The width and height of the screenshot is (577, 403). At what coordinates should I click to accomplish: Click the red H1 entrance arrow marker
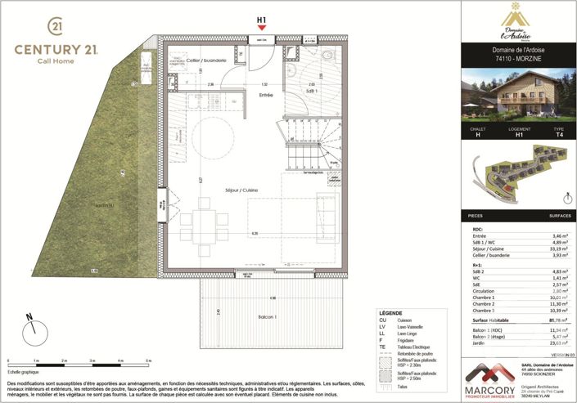click(x=262, y=28)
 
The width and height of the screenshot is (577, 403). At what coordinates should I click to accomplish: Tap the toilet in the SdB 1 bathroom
click(x=326, y=55)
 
